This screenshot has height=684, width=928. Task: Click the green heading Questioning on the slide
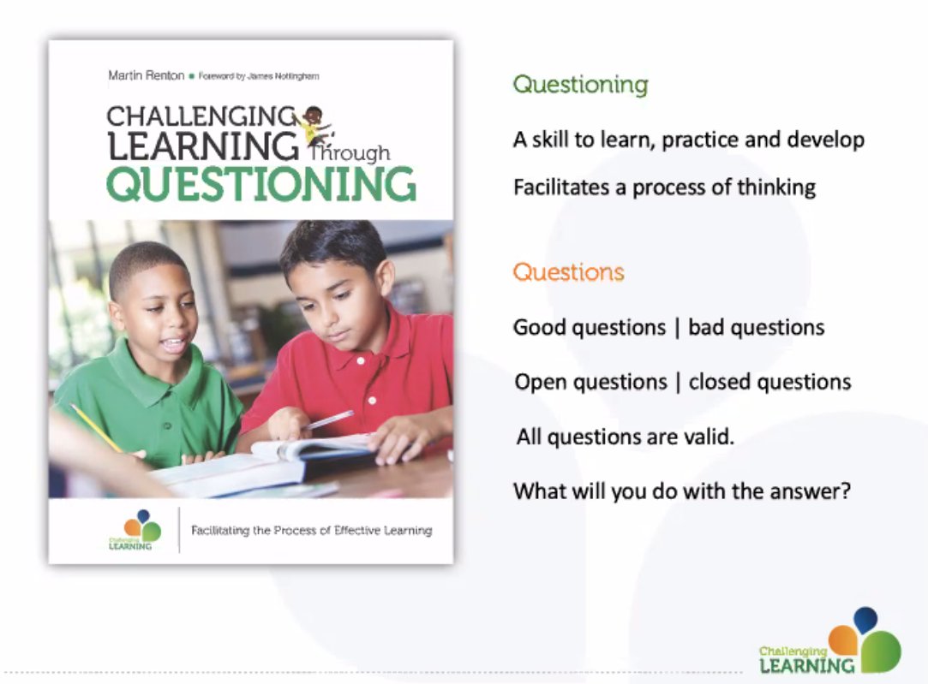[580, 85]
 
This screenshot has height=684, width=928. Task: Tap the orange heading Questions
[568, 273]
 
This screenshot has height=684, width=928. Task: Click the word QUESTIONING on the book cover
[260, 185]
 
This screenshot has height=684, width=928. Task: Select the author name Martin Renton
[146, 76]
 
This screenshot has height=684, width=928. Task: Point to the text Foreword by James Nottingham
[259, 76]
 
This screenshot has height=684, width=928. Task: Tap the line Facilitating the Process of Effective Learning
[311, 531]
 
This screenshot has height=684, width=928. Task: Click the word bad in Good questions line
[708, 327]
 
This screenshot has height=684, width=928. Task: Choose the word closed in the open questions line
[721, 382]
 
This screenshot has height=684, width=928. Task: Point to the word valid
[708, 437]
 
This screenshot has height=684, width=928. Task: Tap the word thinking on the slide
[775, 187]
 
